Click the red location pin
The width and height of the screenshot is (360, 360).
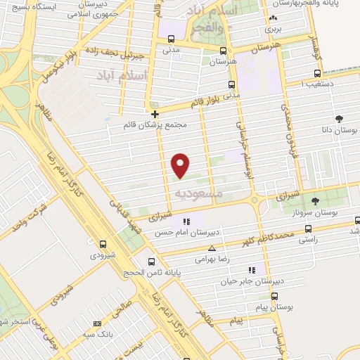click(x=181, y=165)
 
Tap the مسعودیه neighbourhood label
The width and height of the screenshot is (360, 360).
click(x=198, y=193)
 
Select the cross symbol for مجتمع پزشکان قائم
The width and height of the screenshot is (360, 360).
click(x=155, y=114)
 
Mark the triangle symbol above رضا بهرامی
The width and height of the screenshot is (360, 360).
click(x=212, y=248)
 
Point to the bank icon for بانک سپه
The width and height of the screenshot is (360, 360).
click(x=97, y=323)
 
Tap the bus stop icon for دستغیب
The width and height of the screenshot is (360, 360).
click(x=317, y=73)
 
